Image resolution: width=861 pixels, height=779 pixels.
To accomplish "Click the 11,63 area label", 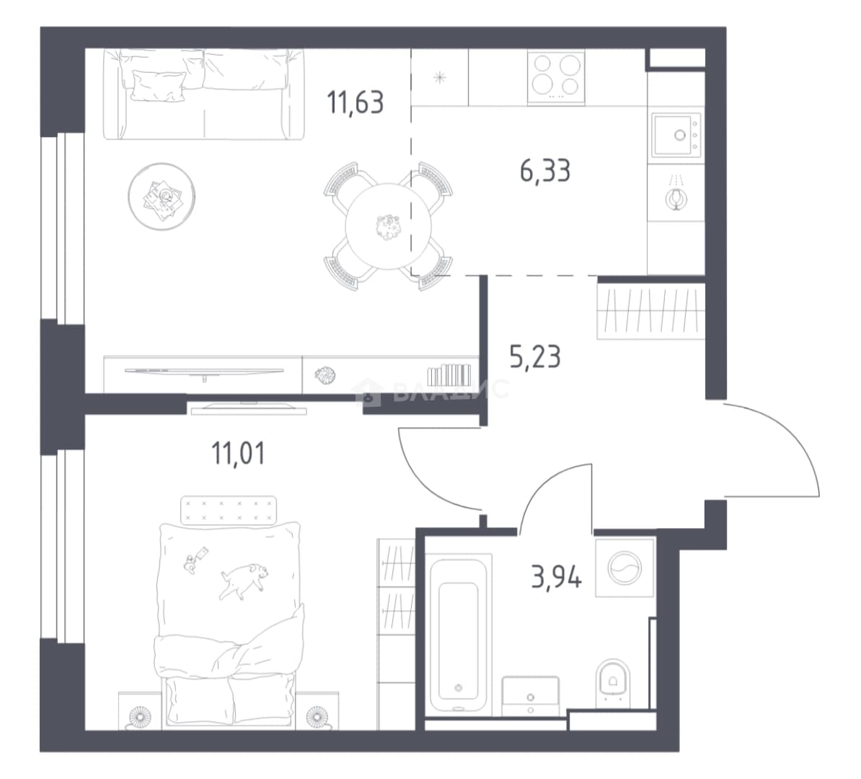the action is pos(355,102).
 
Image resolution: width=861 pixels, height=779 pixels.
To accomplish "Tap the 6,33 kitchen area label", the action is pos(545,170).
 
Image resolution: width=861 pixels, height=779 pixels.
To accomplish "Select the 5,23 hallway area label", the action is pos(535,357).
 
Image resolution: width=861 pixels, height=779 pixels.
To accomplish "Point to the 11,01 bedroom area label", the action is pos(238,454).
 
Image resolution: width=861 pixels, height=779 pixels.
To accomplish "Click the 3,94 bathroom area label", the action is pos(556,577).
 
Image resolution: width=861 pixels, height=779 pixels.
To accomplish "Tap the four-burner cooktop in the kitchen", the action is pos(556,76).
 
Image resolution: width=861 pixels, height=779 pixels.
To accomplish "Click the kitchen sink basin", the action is pos(676,135).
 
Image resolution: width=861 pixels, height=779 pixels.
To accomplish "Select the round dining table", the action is pos(388,226).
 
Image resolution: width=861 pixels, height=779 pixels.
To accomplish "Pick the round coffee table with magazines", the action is pos(162,196).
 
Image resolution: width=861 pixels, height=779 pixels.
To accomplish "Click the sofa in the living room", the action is pos(204,94).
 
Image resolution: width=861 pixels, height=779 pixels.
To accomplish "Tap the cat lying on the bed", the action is pos(244,580).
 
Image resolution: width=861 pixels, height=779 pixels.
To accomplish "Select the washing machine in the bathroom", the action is pos(625,568).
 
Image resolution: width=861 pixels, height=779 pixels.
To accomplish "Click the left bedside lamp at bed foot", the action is pos(139,716).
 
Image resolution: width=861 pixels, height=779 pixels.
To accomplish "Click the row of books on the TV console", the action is pos(449,374).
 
